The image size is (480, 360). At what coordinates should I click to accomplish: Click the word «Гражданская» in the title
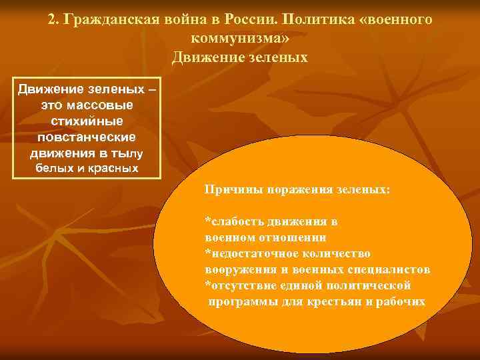pyautogui.click(x=105, y=20)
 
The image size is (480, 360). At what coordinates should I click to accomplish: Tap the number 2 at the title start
pyautogui.click(x=52, y=20)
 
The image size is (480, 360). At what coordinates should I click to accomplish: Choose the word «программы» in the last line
pyautogui.click(x=241, y=301)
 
